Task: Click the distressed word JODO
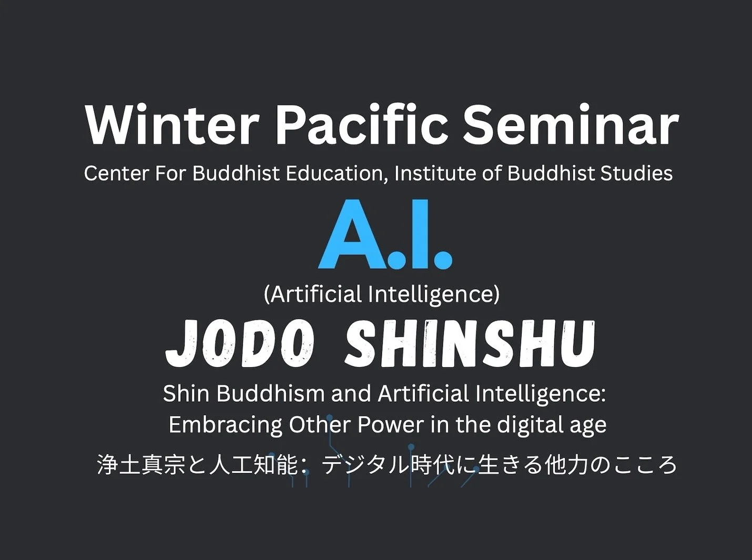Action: (x=239, y=344)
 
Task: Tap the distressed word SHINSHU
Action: (x=470, y=344)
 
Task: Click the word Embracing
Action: (x=225, y=424)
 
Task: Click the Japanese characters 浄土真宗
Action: (x=141, y=465)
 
